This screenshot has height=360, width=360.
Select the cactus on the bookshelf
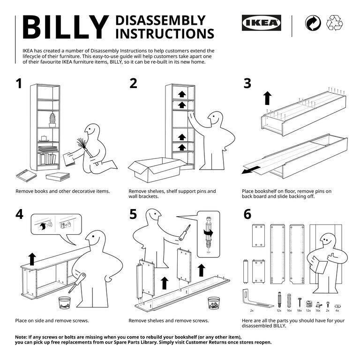click(52, 120)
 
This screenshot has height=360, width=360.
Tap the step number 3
click(247, 83)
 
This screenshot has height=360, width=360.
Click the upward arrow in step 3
click(267, 98)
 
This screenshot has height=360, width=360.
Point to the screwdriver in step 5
click(184, 232)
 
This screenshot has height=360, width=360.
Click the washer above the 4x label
click(337, 299)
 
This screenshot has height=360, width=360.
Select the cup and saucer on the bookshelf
click(44, 138)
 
